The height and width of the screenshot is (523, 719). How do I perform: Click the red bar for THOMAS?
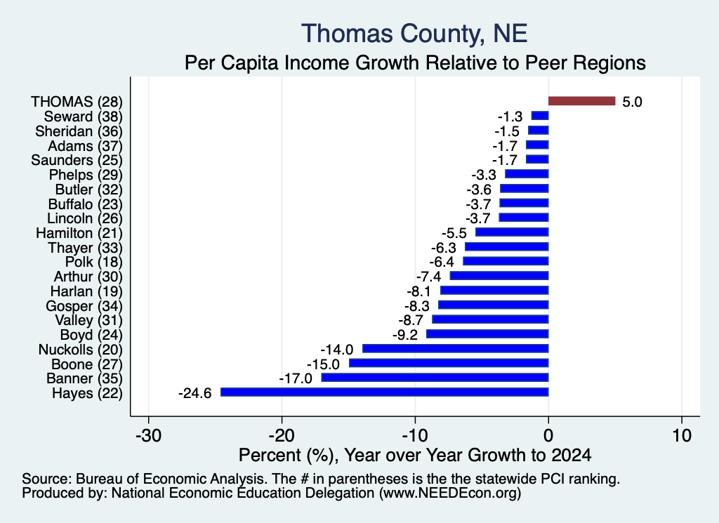click(x=581, y=101)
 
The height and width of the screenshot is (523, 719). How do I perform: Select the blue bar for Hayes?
click(x=384, y=392)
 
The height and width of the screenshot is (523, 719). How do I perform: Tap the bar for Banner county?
click(x=435, y=377)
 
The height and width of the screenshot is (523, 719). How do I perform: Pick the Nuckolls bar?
click(x=455, y=348)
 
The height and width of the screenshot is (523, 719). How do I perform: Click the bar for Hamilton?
click(x=512, y=232)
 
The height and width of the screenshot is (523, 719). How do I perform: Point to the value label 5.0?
click(x=632, y=102)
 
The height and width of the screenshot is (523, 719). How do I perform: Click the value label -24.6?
click(x=195, y=393)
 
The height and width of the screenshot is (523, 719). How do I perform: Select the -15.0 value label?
click(x=323, y=364)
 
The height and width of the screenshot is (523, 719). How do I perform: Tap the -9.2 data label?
click(x=405, y=335)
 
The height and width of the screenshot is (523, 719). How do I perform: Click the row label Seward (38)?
click(x=84, y=117)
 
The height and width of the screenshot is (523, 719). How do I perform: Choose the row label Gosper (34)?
click(x=84, y=306)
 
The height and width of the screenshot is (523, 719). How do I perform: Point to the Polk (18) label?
click(x=94, y=262)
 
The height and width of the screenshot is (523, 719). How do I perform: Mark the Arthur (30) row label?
click(x=88, y=277)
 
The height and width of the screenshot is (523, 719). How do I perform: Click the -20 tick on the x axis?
click(x=282, y=435)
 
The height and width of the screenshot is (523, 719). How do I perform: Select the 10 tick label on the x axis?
click(x=682, y=435)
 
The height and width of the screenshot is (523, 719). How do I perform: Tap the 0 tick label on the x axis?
click(x=548, y=435)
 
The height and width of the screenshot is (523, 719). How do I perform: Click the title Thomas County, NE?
click(x=414, y=34)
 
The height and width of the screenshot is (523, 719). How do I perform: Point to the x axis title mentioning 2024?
click(x=415, y=455)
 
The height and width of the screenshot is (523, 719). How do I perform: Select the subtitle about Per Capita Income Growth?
click(x=415, y=62)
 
